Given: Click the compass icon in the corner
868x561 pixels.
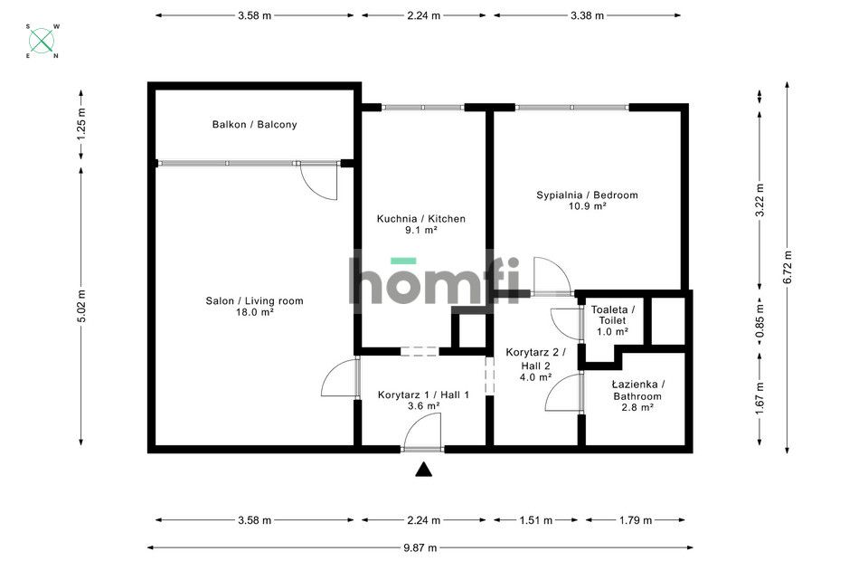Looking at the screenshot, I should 42,41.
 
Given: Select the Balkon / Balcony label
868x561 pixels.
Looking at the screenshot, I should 254,125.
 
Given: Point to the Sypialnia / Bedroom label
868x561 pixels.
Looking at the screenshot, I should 587,195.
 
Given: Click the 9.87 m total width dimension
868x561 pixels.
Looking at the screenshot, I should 420,547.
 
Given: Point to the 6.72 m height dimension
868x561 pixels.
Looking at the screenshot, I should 788,267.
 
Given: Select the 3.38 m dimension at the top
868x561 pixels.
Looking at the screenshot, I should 588,15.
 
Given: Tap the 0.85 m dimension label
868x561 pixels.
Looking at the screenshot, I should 759,321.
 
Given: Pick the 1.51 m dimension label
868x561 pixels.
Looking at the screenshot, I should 537,520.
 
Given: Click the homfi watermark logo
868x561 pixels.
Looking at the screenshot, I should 435,281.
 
